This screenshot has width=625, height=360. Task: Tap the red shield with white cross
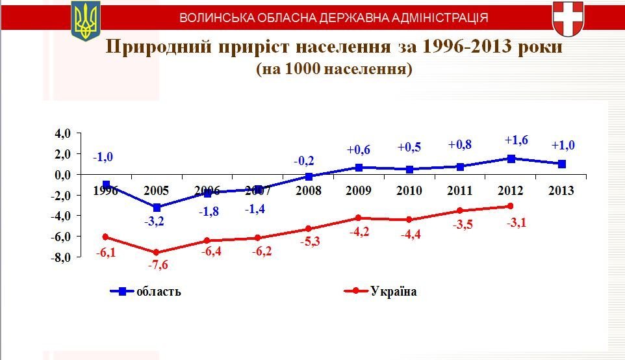(x=567, y=18)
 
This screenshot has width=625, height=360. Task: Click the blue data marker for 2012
(x=511, y=159)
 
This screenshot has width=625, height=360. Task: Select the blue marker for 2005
(x=157, y=207)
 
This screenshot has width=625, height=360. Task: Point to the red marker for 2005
(x=157, y=252)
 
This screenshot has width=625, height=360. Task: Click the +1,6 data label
(x=517, y=140)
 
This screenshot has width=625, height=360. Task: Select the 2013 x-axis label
(x=561, y=190)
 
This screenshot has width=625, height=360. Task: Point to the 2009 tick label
(x=359, y=190)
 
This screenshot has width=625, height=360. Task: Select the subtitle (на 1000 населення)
(x=335, y=69)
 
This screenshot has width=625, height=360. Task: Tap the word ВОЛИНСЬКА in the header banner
(x=214, y=18)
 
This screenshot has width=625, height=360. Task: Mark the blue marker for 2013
(x=561, y=164)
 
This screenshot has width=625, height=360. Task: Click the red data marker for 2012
(x=511, y=206)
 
